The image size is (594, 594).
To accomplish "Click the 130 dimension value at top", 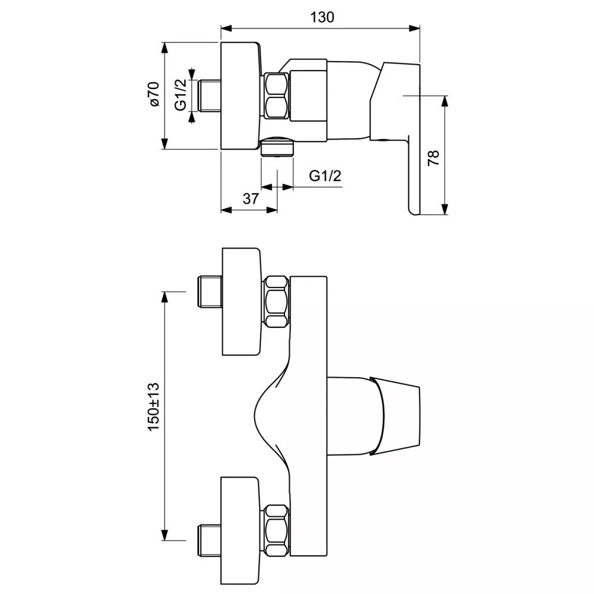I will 321,17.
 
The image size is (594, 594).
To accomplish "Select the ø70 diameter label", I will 154,94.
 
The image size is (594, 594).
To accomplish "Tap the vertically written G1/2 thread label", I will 181,94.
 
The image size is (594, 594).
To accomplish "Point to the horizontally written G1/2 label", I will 325,176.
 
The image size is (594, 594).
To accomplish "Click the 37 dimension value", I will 251,199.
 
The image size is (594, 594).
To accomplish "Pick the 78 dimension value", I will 433,157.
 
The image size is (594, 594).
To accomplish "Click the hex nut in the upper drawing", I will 276,95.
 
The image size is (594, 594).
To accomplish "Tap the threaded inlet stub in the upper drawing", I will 209,95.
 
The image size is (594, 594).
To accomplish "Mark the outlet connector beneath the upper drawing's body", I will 277,147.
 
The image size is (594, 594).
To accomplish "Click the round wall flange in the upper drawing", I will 241,95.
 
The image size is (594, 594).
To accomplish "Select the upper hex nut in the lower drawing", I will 276,301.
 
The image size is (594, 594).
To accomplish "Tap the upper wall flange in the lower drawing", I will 241,302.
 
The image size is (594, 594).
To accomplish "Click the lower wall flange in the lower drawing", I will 241,529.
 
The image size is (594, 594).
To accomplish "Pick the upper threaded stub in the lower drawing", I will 208,291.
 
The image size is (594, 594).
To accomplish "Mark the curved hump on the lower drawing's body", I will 264,416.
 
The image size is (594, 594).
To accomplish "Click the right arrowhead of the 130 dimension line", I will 416,27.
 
